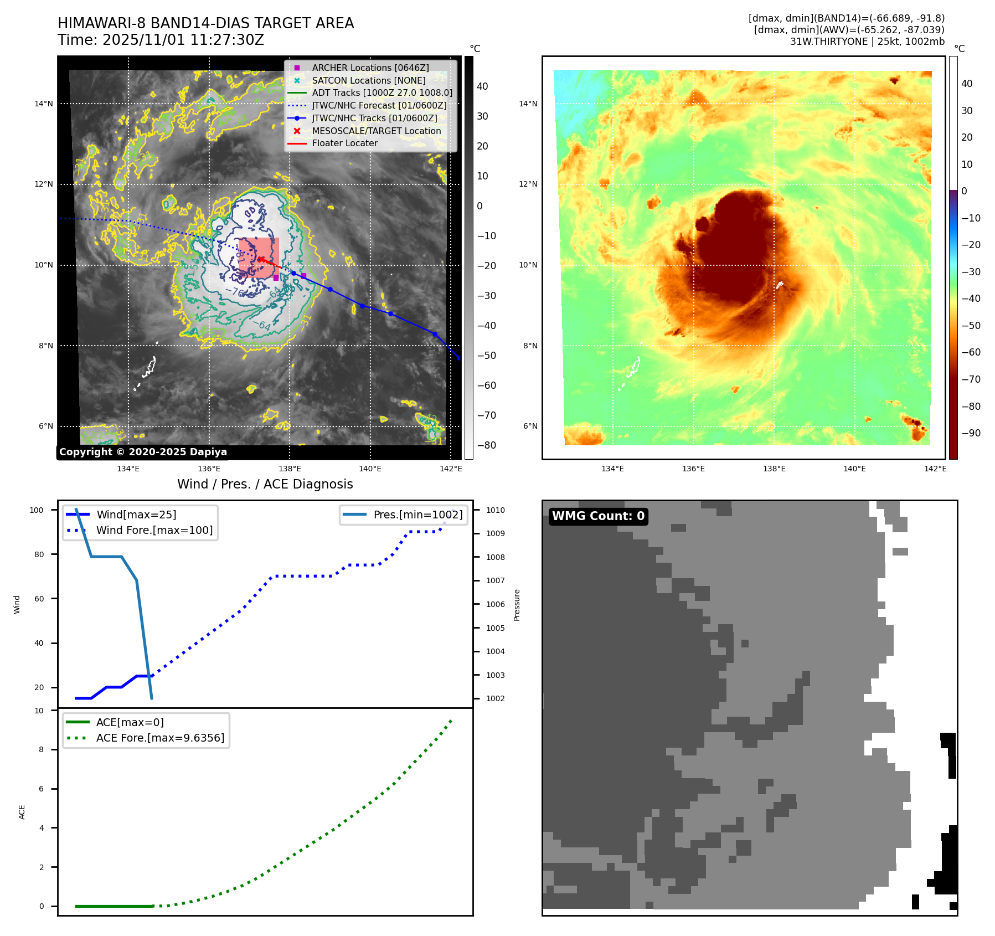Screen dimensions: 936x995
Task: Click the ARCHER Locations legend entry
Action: [370, 68]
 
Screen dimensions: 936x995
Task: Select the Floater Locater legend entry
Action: [344, 143]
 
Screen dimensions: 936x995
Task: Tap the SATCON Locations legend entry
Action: [368, 80]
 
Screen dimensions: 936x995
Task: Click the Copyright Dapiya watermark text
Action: [143, 452]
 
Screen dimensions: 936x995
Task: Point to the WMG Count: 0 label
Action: [598, 516]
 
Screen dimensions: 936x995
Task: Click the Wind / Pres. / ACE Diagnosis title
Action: [265, 484]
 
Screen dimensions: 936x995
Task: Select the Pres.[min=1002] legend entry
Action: [417, 515]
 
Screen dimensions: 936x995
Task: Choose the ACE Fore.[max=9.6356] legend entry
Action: [160, 738]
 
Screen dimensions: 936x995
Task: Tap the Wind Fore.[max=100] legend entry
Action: [154, 530]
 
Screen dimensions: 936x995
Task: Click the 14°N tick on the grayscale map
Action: [44, 104]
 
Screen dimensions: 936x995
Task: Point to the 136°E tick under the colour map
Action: [693, 469]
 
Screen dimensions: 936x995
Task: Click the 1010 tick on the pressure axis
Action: [495, 510]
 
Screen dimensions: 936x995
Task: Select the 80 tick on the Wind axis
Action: [39, 554]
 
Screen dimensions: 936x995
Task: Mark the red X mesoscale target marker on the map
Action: [261, 259]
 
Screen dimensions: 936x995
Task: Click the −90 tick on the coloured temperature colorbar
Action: [971, 433]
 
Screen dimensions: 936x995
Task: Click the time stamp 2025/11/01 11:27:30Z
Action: [183, 40]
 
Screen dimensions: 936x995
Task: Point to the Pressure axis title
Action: [517, 605]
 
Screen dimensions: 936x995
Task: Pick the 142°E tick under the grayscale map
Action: [451, 469]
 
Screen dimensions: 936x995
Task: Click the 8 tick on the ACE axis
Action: [41, 749]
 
